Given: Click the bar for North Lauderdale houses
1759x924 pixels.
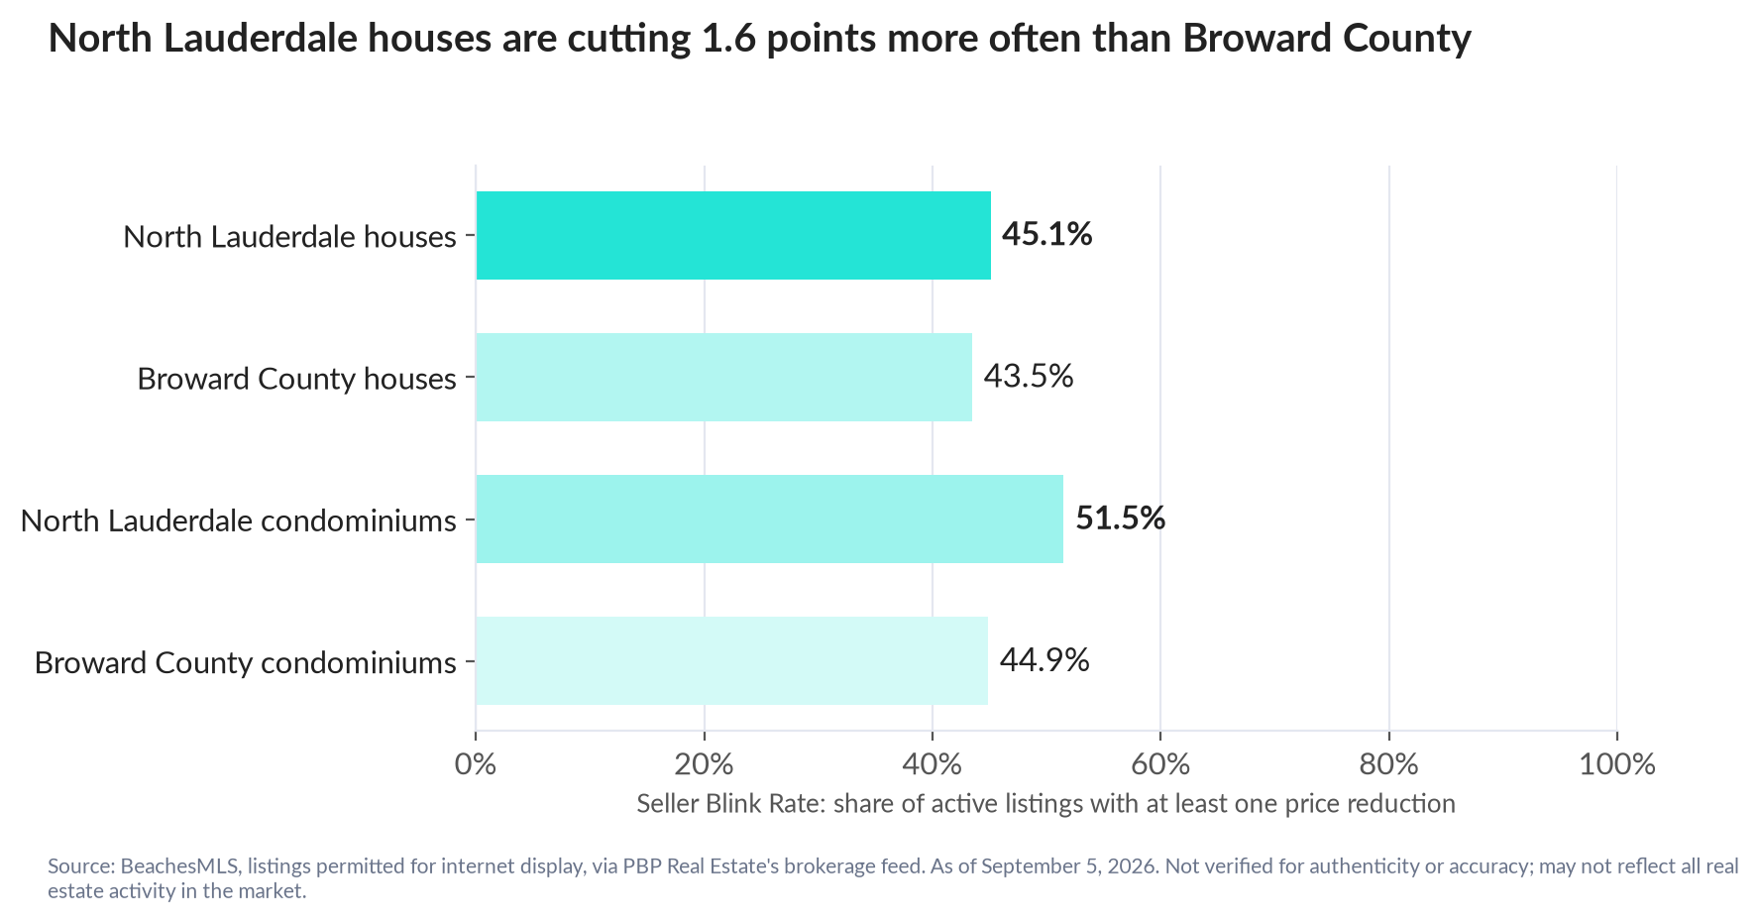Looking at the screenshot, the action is [x=733, y=235].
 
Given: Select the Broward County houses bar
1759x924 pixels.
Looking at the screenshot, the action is [x=724, y=377].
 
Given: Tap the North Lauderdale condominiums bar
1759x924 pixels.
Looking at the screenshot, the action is [x=770, y=519].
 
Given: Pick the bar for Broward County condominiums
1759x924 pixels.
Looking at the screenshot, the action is [x=732, y=660].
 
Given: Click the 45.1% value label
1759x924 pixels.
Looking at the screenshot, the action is [x=1046, y=234].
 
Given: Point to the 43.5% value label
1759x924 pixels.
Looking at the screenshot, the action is [x=1029, y=376].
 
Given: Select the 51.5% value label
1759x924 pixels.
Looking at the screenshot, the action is [x=1120, y=518].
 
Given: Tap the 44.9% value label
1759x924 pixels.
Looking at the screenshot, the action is [x=1044, y=659].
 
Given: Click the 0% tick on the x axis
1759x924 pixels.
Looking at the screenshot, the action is [x=476, y=764].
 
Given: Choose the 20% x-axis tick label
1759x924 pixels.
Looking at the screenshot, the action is [x=704, y=764].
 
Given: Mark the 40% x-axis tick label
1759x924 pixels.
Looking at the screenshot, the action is [x=933, y=764].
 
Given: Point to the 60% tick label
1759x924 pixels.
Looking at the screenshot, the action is [x=1160, y=764].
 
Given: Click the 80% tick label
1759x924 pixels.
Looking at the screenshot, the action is [x=1389, y=764].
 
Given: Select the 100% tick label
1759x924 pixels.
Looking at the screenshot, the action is [x=1617, y=764].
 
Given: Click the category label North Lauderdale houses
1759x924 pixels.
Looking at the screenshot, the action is [x=289, y=237].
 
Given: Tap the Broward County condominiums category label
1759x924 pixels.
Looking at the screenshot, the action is [x=246, y=662].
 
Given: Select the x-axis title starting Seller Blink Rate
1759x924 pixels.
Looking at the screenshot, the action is [x=1046, y=803].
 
